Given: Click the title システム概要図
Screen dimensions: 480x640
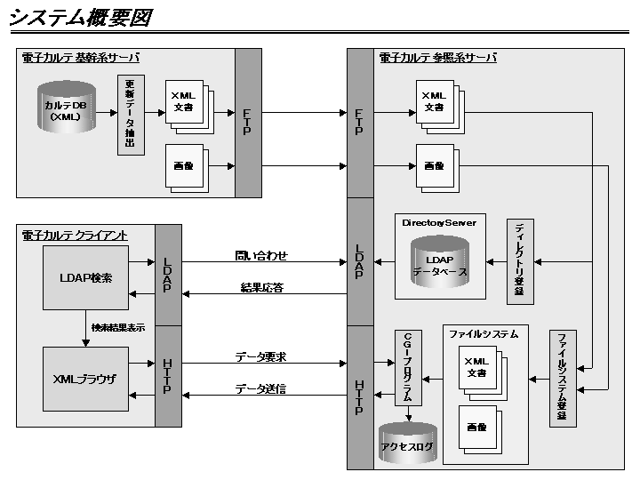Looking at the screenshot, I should point(81,18).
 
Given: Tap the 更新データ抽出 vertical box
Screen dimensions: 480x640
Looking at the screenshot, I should point(130,116).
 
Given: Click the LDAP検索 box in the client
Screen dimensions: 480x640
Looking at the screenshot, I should point(85,277).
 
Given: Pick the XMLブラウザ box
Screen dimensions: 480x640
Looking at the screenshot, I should point(85,378).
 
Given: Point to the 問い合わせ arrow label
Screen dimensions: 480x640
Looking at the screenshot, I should point(261,256).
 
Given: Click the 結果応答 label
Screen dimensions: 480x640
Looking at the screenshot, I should point(261,287).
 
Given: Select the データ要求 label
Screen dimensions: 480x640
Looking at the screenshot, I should point(260,356).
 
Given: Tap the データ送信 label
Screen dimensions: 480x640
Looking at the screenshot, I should point(260,388).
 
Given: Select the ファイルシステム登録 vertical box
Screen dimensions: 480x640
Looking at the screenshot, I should point(562,378).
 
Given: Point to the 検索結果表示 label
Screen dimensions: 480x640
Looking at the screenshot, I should point(117,327).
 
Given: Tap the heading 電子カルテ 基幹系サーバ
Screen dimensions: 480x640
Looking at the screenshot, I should point(81,58).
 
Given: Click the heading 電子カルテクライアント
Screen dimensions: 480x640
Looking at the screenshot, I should point(75,235).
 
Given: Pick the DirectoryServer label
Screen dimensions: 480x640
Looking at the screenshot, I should point(438,222).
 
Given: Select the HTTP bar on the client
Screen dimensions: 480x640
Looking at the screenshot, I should point(168,377).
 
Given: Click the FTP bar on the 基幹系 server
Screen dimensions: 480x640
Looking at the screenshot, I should point(248,123).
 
